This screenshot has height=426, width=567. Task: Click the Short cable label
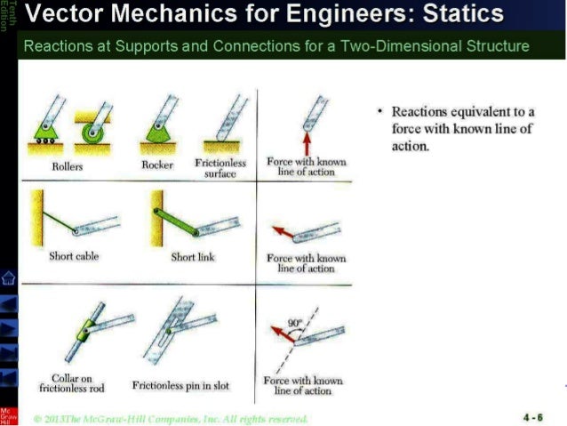point(75,256)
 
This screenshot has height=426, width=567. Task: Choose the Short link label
point(192,256)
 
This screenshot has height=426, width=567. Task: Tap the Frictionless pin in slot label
point(180,386)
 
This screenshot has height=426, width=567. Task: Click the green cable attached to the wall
point(57,219)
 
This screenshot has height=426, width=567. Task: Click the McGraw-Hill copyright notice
point(170,418)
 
